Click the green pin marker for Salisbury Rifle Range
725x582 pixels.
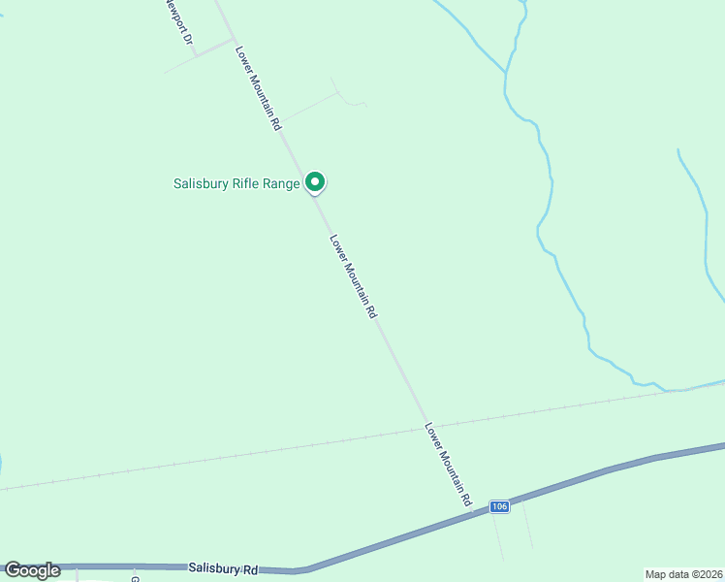click(315, 181)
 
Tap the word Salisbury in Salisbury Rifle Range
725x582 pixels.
click(202, 183)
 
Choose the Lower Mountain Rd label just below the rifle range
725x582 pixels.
click(352, 277)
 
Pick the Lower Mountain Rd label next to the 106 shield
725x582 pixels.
click(448, 464)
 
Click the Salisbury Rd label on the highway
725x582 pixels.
click(224, 567)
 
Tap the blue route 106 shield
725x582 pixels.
click(498, 506)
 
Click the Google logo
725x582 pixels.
click(32, 570)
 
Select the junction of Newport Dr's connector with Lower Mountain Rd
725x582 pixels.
click(234, 41)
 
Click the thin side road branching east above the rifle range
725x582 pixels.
click(310, 106)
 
